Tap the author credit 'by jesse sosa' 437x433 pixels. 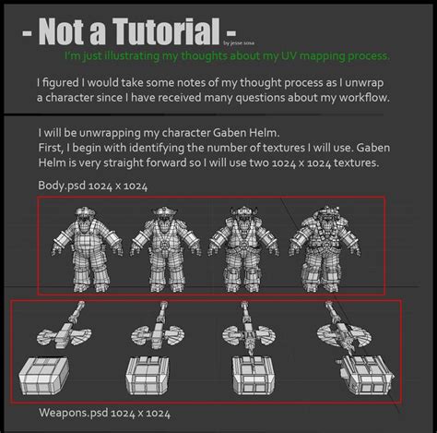click(x=243, y=42)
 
